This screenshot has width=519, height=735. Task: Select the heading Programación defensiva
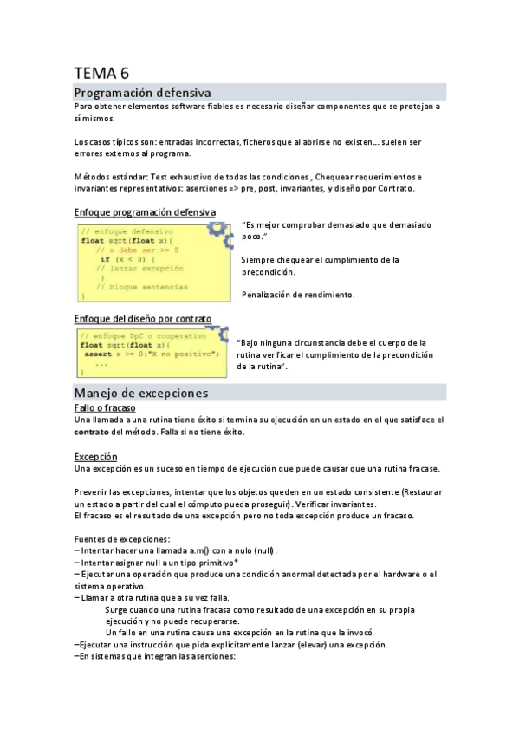point(141,92)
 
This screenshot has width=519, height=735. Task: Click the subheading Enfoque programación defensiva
point(146,212)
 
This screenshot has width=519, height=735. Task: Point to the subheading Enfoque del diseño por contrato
point(143,318)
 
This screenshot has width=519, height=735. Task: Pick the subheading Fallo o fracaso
point(105,407)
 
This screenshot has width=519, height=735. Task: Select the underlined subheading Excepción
point(96,456)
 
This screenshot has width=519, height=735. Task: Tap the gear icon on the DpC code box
point(218,334)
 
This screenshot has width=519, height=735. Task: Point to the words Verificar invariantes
point(330,504)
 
